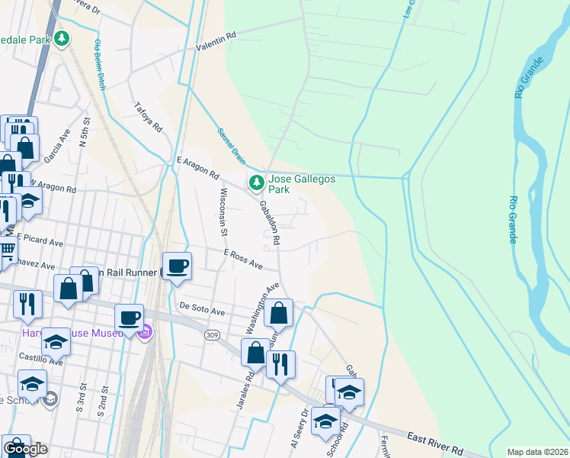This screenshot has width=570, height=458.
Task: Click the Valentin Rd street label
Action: (216, 41)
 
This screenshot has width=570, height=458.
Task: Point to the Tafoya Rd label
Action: (149, 118)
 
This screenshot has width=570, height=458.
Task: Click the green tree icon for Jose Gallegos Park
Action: (257, 182)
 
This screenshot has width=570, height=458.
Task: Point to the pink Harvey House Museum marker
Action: (146, 332)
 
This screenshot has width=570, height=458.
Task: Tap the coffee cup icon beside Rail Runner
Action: (177, 266)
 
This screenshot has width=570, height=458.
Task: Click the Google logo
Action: (25, 449)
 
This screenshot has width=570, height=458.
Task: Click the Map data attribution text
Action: (536, 452)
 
